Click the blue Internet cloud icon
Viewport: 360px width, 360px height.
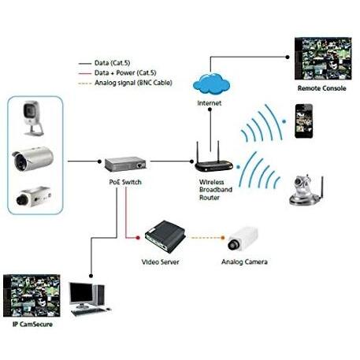coord(211,84)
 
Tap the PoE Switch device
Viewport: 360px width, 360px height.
coord(125,164)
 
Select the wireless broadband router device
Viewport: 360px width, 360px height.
coord(213,161)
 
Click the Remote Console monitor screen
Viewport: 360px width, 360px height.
coord(323,58)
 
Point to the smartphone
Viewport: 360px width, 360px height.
coord(304,121)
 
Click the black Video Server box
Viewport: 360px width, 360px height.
coord(165,236)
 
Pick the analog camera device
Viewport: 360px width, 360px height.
coord(243,239)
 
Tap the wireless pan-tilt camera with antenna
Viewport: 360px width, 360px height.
coord(306,190)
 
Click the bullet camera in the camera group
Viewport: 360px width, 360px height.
coord(32,158)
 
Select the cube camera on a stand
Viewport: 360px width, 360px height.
coord(33,118)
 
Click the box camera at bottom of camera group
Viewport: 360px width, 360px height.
coord(34,197)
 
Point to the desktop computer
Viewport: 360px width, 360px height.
coord(89,299)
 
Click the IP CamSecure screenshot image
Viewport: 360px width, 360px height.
coord(32,295)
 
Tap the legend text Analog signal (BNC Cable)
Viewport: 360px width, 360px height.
coord(133,83)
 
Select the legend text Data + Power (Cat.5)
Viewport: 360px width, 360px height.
coord(125,72)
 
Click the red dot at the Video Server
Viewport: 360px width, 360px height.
coord(138,238)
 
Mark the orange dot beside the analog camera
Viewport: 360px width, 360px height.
coord(223,238)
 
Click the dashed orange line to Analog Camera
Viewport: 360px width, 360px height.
coord(206,238)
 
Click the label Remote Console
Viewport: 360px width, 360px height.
coord(321,88)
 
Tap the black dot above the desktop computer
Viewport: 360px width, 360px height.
coord(91,276)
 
